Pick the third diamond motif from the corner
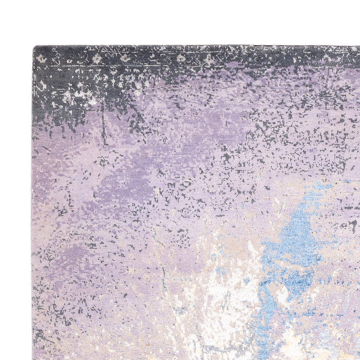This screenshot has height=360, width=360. [x=181, y=58]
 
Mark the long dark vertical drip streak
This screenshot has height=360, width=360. [x=103, y=124]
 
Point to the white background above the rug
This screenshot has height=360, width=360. [x=180, y=22]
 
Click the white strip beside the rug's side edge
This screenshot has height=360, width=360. [x=16, y=202]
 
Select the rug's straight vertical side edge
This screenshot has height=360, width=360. [x=32, y=202]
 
